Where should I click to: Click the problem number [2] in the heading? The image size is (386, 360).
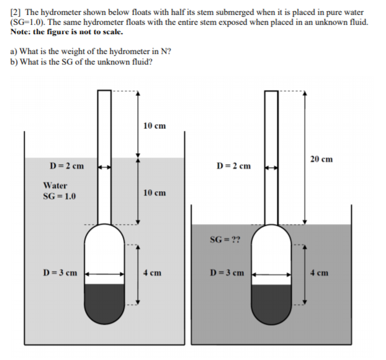click(16, 12)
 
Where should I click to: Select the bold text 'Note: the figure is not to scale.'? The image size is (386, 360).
click(66, 32)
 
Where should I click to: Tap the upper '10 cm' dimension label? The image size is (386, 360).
click(154, 126)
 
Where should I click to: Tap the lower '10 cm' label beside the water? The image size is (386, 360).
click(154, 193)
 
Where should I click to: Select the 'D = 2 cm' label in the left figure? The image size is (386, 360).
click(66, 166)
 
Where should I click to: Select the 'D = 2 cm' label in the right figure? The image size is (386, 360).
click(234, 166)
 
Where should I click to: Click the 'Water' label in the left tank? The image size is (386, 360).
click(55, 186)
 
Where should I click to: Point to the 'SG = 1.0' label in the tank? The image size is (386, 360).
click(59, 197)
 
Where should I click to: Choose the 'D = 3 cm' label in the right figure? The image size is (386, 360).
click(227, 272)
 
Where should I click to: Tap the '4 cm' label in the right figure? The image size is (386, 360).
click(320, 272)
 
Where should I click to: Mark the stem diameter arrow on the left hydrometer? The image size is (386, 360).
click(104, 166)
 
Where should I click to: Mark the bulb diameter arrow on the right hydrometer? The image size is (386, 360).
click(271, 272)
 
